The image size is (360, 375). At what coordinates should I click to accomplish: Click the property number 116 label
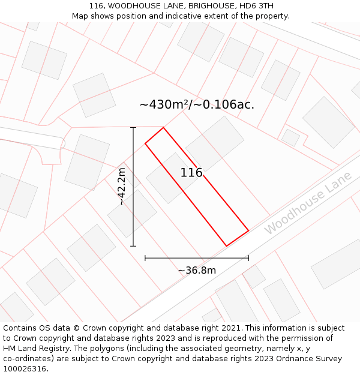(191, 173)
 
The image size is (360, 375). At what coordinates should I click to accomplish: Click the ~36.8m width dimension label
(197, 270)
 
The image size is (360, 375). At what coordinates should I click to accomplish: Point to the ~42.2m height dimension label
(122, 187)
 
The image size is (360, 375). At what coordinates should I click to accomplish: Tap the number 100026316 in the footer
(25, 369)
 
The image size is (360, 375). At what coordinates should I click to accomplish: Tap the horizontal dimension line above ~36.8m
(197, 258)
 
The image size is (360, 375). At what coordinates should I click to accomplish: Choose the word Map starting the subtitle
(80, 16)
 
